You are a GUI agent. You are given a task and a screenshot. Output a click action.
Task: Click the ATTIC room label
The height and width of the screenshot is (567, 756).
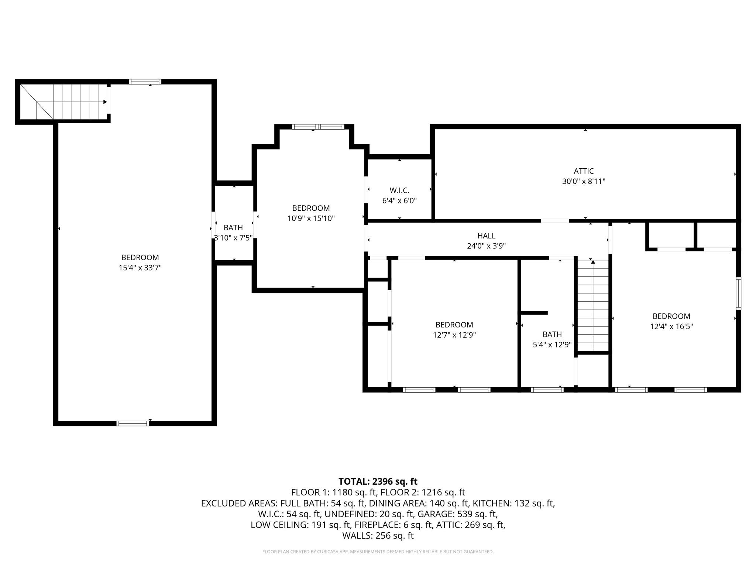coord(584,171)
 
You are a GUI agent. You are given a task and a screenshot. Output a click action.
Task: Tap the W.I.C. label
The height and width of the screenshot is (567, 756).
coord(399,190)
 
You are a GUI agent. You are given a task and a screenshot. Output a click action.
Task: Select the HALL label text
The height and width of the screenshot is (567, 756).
coord(486,236)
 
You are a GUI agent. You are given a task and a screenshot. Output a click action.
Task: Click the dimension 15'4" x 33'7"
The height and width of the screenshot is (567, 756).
coord(140,268)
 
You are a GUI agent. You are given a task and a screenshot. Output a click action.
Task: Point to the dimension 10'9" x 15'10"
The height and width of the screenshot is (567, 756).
coord(311,218)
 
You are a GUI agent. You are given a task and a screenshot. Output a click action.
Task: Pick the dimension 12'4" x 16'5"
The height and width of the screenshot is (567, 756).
coord(671,326)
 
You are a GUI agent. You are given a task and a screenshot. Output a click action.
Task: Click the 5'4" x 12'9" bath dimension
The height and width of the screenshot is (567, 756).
coord(552,345)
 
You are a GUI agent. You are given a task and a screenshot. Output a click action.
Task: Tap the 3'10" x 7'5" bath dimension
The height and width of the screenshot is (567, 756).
coord(233,238)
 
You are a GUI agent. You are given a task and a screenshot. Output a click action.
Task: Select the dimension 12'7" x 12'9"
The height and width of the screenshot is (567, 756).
coord(454,335)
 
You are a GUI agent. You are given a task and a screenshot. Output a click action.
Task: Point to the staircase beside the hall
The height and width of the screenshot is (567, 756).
coord(593,306)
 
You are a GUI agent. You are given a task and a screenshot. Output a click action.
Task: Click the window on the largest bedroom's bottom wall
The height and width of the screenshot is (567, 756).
coord(133,423)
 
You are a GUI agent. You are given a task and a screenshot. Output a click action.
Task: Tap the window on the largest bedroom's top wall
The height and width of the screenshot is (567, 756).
coord(145,82)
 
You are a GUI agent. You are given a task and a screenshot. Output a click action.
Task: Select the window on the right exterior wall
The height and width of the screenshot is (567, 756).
coord(738,293)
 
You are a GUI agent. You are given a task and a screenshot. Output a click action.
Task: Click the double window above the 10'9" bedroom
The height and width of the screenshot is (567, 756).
coord(318,127)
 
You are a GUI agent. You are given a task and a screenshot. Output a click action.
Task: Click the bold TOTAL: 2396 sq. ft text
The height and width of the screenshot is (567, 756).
coord(378,481)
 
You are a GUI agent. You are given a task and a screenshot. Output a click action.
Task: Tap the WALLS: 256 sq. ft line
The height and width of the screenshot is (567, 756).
coord(378,535)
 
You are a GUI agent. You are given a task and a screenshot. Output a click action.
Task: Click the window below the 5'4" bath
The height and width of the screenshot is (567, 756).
coord(547,389)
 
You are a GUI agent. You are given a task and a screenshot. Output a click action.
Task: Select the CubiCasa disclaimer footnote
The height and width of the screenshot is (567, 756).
coord(378,552)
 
